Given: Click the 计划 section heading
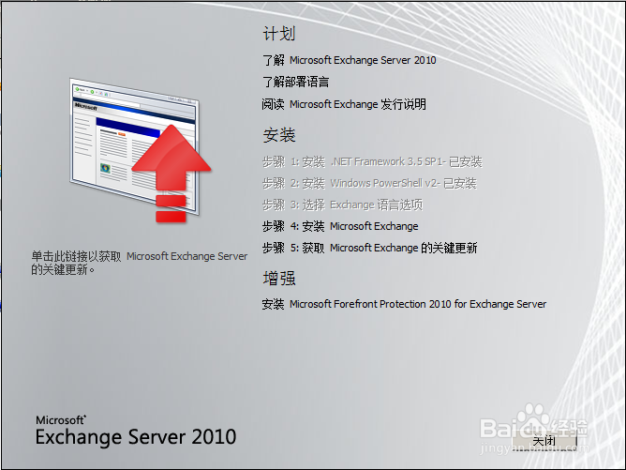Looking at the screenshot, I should pos(278,34).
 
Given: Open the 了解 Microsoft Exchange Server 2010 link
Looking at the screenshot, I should pos(349,60).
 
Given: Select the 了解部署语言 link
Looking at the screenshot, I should pos(295,83).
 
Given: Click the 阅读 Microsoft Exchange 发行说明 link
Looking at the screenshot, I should pos(344,104).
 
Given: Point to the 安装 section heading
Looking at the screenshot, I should pos(278,135).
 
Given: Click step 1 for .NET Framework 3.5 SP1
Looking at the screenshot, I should pos(372,161).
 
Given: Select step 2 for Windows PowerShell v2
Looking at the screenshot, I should pos(369,183).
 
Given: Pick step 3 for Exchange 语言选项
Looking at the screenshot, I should pos(342,205).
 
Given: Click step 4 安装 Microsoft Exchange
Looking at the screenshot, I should pos(340,226).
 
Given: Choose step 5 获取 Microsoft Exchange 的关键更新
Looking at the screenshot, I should pos(369,248).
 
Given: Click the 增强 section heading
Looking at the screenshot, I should pos(278,279).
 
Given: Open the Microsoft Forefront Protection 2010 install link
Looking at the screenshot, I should pos(404,304).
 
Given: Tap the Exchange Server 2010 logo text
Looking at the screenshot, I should pos(136,437).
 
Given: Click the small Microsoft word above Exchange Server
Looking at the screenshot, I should pos(61,419).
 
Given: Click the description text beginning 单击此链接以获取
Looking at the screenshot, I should pos(139,262).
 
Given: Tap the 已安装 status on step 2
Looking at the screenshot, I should pos(458,183).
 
